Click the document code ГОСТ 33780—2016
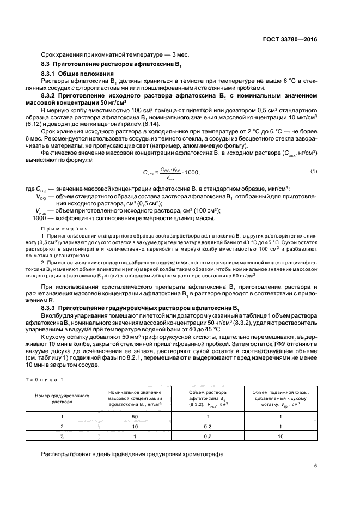point(290,39)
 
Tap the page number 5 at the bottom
point(316,466)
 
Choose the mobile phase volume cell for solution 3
point(280,436)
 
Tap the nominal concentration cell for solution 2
point(135,426)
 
